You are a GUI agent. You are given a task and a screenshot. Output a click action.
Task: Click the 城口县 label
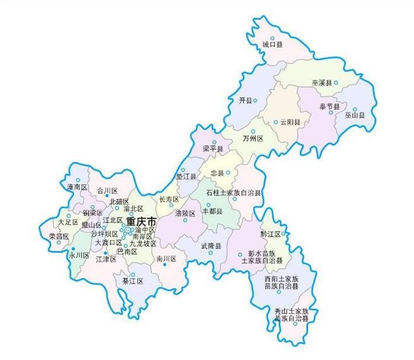[272, 44]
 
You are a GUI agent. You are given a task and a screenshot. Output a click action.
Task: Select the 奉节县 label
[329, 105]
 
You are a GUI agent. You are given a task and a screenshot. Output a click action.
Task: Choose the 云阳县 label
[290, 122]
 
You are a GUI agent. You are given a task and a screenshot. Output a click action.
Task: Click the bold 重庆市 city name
[141, 222]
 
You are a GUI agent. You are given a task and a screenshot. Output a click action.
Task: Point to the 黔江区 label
[271, 234]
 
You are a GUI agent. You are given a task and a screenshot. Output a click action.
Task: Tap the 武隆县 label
[211, 246]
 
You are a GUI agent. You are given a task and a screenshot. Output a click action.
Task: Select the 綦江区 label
[133, 281]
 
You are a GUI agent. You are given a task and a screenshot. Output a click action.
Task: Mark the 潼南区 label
[76, 188]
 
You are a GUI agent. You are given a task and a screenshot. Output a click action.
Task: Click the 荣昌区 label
[59, 236]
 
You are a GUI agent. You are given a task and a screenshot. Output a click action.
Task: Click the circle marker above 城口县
[272, 37]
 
